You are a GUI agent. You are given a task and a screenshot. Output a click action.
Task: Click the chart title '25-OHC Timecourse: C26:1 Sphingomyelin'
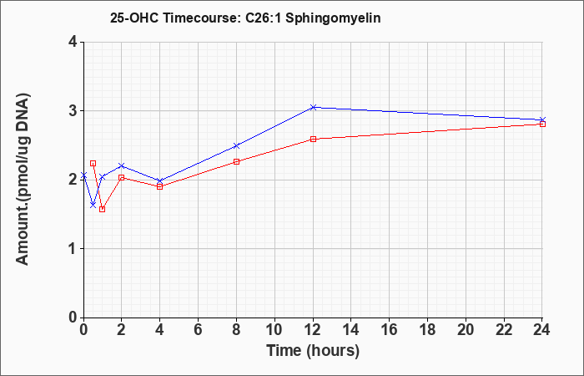tap(245, 18)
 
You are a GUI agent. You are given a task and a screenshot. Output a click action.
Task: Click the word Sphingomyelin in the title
tap(333, 18)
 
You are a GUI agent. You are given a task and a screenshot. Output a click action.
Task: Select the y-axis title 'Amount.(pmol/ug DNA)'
tap(23, 179)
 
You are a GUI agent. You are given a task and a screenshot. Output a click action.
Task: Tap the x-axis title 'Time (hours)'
tap(313, 351)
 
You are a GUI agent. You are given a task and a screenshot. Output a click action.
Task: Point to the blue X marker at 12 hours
tap(313, 108)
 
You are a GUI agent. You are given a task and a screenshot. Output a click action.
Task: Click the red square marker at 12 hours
tap(313, 140)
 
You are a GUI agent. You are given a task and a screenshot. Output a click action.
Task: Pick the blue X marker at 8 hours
tap(236, 146)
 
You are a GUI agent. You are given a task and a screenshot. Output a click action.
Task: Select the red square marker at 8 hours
tap(236, 161)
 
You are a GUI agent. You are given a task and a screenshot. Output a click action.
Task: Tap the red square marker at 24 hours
tap(542, 124)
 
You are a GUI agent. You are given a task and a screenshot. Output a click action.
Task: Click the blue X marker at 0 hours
tap(83, 175)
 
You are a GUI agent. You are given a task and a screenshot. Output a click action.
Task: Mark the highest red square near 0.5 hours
tap(93, 164)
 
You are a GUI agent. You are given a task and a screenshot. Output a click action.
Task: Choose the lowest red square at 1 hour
tap(103, 209)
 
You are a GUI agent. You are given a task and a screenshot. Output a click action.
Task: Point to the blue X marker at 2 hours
tap(122, 165)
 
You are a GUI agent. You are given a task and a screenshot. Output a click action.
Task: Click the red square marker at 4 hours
tap(160, 186)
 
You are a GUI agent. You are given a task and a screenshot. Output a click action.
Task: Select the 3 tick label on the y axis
tap(73, 111)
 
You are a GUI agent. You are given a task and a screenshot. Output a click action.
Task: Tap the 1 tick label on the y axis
tap(73, 249)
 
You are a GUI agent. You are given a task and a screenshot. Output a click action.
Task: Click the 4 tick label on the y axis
tap(73, 42)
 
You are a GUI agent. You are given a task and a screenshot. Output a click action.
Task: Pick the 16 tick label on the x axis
tap(390, 330)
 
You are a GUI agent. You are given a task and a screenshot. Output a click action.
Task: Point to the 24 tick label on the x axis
tap(542, 330)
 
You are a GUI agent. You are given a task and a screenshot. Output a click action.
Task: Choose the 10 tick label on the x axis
tap(274, 330)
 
